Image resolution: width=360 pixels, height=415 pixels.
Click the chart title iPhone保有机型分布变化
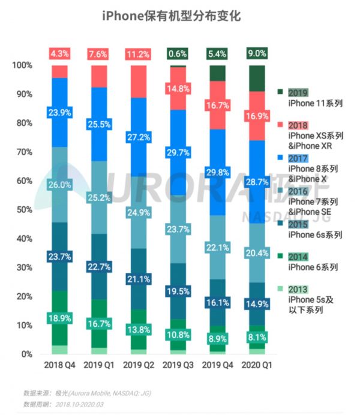[179, 16]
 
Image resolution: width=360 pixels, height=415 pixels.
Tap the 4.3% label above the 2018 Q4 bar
[60, 54]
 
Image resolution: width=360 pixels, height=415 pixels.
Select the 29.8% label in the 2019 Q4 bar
[218, 173]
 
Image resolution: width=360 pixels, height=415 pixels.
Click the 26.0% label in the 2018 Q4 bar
[60, 186]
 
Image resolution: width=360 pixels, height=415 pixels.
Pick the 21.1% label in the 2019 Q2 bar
[139, 279]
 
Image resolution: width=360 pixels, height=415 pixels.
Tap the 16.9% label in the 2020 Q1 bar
[257, 116]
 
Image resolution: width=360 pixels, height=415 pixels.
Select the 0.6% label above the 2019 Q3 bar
[178, 54]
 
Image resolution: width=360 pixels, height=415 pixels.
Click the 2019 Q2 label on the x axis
[139, 365]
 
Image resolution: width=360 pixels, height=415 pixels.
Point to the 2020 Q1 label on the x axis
[257, 365]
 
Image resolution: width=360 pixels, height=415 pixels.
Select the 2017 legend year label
[298, 158]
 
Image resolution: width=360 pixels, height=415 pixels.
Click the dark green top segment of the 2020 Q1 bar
[257, 78]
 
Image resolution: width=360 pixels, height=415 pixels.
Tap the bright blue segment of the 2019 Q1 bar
[99, 124]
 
